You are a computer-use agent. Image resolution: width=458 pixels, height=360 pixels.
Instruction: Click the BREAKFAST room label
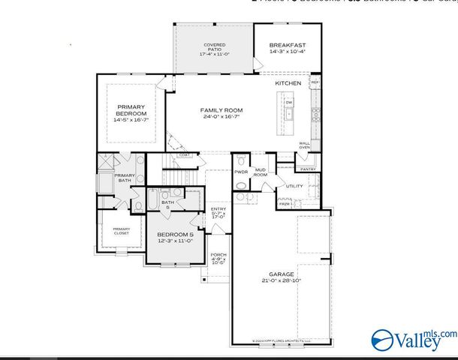click(288, 46)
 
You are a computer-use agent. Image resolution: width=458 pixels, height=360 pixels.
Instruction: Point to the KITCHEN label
click(288, 83)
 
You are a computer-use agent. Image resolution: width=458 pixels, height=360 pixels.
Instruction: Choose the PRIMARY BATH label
click(124, 178)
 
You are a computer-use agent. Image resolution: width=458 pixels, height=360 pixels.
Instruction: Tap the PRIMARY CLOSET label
click(121, 231)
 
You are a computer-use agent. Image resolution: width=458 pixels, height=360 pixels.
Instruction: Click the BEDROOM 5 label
click(175, 235)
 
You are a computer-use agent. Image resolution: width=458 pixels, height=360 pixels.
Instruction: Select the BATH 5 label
click(167, 204)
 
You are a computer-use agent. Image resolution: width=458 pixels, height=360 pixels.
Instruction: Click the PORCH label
click(218, 255)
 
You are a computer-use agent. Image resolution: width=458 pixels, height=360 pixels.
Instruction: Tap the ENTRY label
click(218, 209)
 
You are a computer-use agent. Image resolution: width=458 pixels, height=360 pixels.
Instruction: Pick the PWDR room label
click(241, 172)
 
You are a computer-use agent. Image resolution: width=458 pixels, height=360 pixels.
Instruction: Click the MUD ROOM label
click(261, 172)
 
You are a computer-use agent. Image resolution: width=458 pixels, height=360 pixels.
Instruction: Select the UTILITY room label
click(294, 186)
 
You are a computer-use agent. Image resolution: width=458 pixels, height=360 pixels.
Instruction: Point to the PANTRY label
click(308, 169)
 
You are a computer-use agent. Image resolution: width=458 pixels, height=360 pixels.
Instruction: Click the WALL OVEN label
click(304, 145)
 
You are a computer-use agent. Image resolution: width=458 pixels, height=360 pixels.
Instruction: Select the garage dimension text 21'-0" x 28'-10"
click(282, 280)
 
